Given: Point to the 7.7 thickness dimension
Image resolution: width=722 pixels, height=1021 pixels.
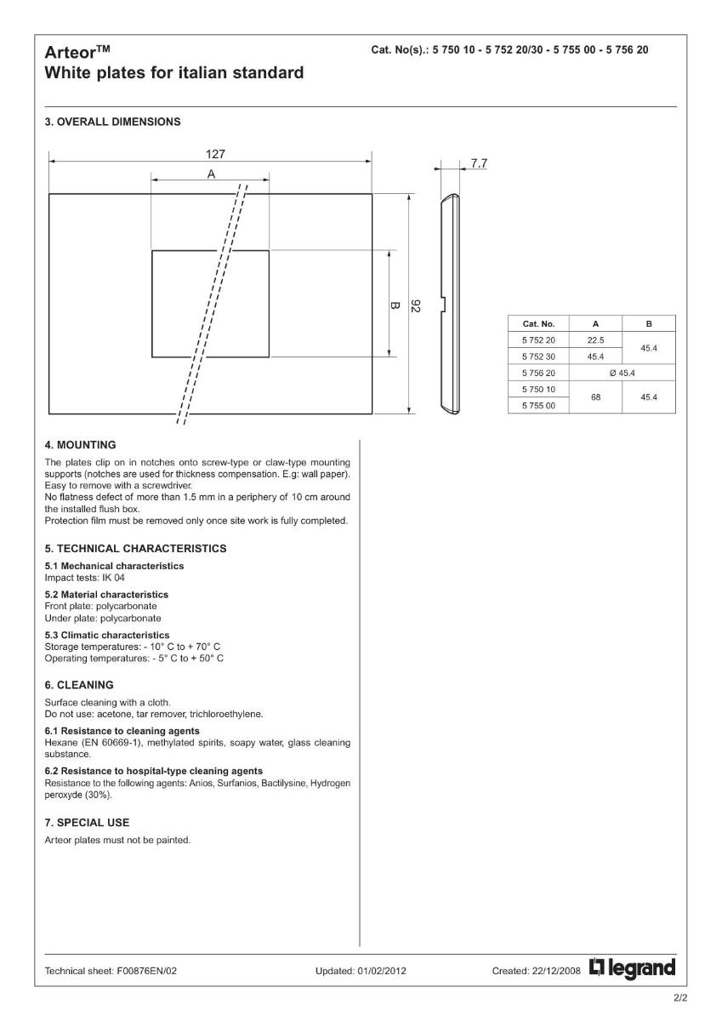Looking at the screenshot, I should pyautogui.click(x=479, y=163).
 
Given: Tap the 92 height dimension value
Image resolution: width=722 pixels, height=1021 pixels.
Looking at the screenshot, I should pyautogui.click(x=415, y=305).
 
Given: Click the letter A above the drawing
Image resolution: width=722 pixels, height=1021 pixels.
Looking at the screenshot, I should pyautogui.click(x=210, y=173).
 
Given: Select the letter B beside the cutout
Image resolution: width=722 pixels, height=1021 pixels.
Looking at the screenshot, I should pyautogui.click(x=395, y=304).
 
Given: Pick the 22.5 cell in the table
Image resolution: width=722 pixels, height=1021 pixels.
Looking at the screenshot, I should pyautogui.click(x=595, y=340).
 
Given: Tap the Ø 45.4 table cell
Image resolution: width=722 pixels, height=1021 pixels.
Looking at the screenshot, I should pyautogui.click(x=622, y=373).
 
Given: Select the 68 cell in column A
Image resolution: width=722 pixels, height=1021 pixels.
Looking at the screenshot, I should pyautogui.click(x=595, y=396).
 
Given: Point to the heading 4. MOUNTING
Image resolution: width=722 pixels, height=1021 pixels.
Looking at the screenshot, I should pyautogui.click(x=80, y=444).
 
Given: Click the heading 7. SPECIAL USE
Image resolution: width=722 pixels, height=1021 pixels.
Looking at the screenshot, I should pyautogui.click(x=87, y=823).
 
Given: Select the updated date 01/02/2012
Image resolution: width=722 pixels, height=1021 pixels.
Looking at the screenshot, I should pyautogui.click(x=380, y=970).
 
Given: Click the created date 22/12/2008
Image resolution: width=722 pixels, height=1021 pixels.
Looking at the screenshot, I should pyautogui.click(x=558, y=970).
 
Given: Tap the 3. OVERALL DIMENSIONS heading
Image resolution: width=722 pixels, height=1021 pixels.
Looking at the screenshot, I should pyautogui.click(x=112, y=122).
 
